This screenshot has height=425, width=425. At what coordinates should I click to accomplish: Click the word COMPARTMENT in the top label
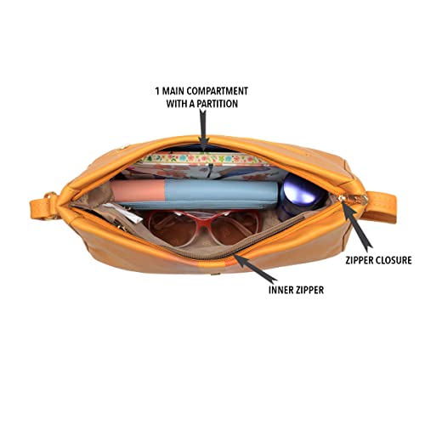(218, 91)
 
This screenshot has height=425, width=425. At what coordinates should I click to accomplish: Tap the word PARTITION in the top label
(218, 104)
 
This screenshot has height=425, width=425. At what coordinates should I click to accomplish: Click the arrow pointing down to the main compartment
(203, 129)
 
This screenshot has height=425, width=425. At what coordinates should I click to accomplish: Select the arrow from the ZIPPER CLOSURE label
(357, 225)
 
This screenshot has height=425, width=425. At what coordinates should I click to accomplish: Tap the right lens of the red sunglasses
(235, 228)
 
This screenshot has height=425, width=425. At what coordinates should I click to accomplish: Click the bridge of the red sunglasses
(202, 218)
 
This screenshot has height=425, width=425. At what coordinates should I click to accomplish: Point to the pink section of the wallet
(138, 190)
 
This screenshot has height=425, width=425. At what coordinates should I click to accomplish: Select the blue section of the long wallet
(221, 191)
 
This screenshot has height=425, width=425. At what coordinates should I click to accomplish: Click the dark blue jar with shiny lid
(302, 195)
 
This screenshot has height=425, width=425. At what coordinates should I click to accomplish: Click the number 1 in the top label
(157, 91)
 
